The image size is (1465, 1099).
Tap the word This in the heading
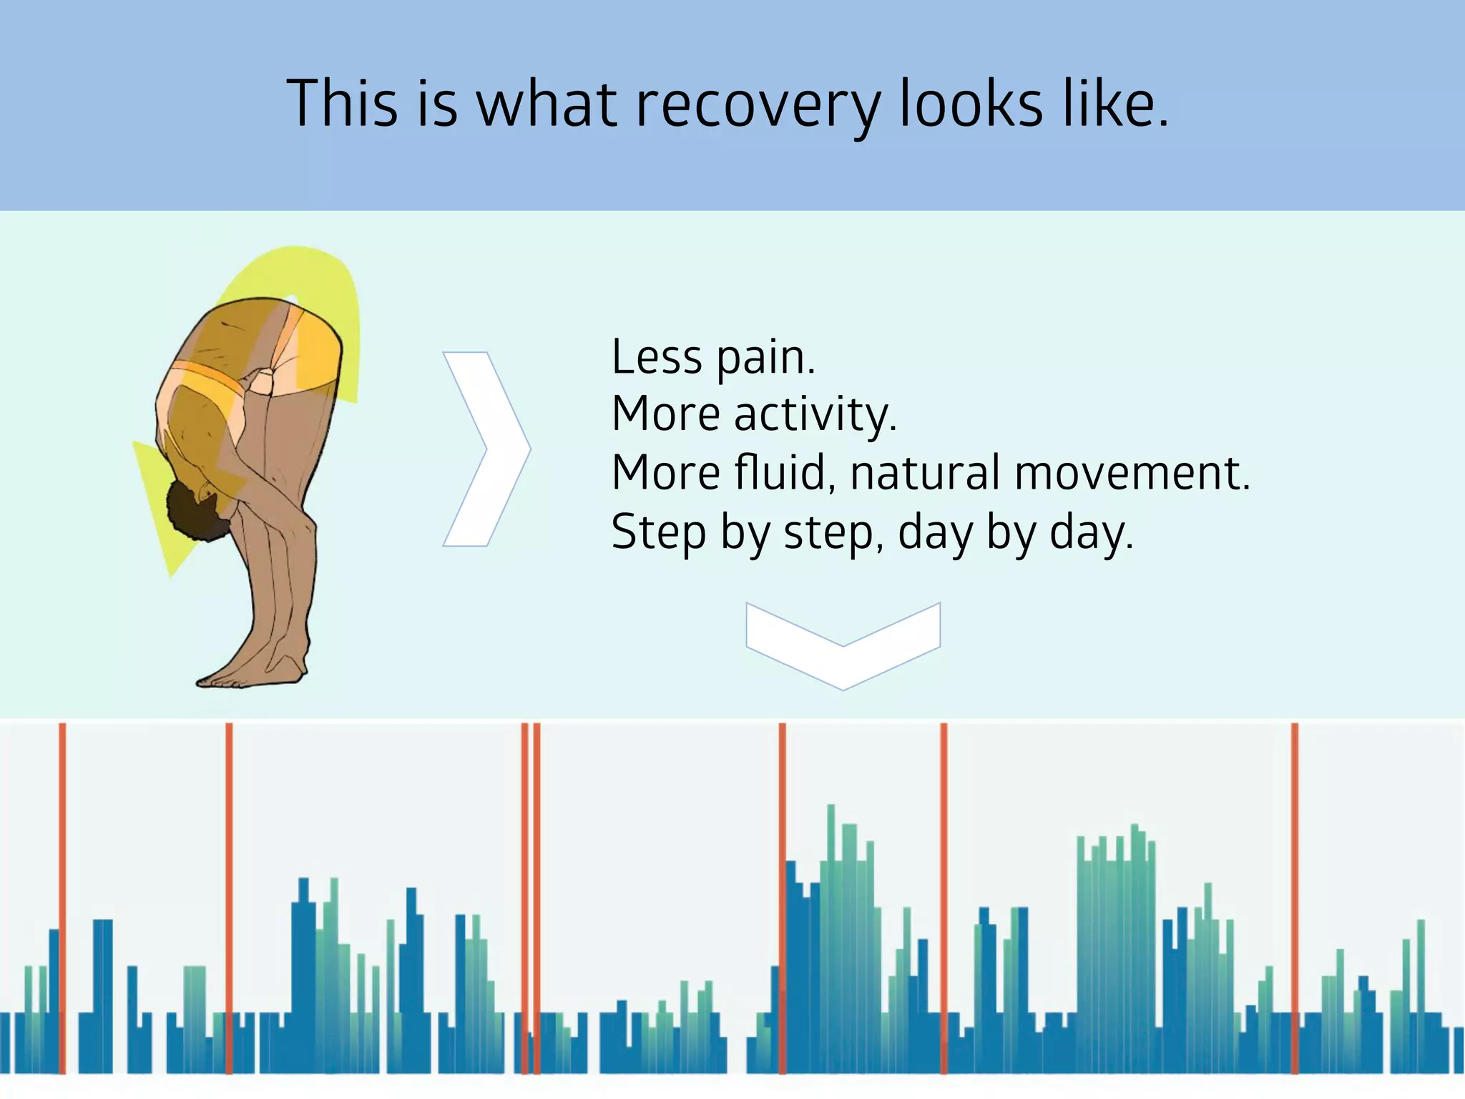[x=342, y=104]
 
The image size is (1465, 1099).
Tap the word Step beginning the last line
[x=658, y=533]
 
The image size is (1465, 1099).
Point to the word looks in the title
[x=971, y=104]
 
